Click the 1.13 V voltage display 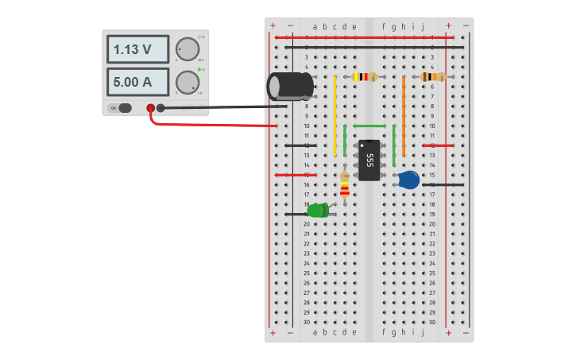(137, 49)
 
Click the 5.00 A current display (137, 82)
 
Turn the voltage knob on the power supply (187, 49)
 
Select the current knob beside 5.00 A (187, 82)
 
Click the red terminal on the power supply (150, 108)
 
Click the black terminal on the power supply (160, 108)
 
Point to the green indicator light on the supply (199, 70)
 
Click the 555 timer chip (369, 160)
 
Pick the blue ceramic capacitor (408, 180)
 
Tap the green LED (318, 211)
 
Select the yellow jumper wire (334, 116)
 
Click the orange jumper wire (404, 116)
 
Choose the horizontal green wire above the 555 (369, 126)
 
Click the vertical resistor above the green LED (344, 184)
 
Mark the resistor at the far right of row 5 (432, 77)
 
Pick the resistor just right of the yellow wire (364, 77)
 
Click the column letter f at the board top (384, 26)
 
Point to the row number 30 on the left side (306, 322)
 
